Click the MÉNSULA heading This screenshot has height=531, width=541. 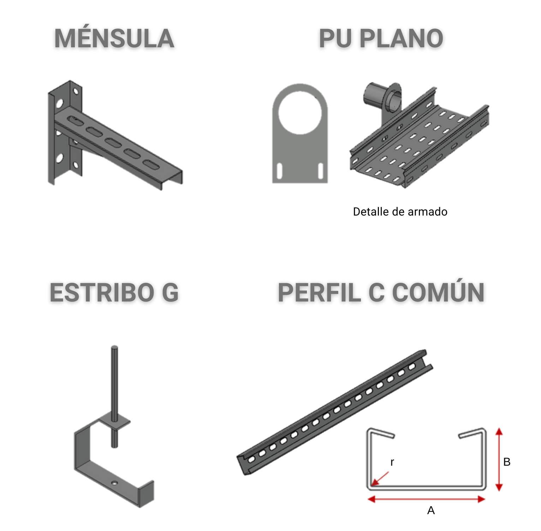[114, 39]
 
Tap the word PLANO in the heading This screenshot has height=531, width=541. [401, 39]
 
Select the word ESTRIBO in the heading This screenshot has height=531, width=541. [102, 293]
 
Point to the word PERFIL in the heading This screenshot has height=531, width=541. [320, 293]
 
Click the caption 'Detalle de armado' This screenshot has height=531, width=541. [400, 212]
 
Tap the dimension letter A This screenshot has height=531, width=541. [431, 511]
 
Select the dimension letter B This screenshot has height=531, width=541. [507, 462]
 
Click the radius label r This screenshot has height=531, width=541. [392, 462]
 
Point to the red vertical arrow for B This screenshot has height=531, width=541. [499, 459]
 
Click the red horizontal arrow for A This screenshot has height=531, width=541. [426, 499]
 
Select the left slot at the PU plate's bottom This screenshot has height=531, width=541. [279, 171]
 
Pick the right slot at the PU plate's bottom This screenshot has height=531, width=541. [321, 171]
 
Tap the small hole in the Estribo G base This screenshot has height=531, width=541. [114, 482]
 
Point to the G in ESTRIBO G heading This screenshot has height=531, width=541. [170, 293]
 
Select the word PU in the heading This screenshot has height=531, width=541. [336, 39]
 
